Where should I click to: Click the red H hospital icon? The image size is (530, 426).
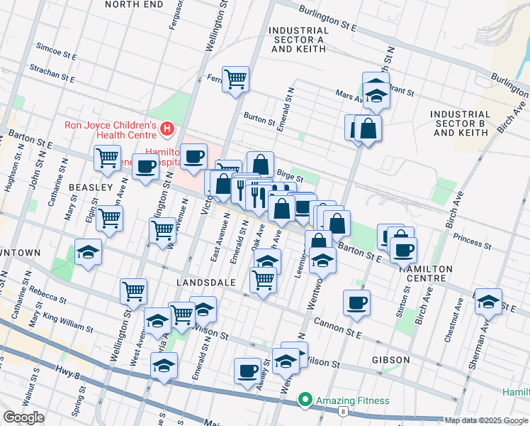pos(167,129)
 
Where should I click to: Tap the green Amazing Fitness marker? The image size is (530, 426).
pos(306,400)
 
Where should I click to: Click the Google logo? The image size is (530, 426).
pos(23,417)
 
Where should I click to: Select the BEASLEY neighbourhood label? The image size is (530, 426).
pos(91,187)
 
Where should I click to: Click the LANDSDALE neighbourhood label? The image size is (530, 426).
pos(205,283)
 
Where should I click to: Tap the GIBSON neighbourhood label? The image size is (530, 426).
pos(391,360)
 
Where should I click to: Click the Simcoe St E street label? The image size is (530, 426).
pos(56,54)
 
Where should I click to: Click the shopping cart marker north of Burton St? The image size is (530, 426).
pos(235,79)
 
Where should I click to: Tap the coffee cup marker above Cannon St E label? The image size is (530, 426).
pos(356,302)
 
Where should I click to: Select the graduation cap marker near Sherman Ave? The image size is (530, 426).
pos(488,301)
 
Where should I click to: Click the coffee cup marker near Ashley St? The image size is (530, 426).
pos(248,370)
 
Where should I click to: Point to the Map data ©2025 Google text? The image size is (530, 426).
pos(485,420)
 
